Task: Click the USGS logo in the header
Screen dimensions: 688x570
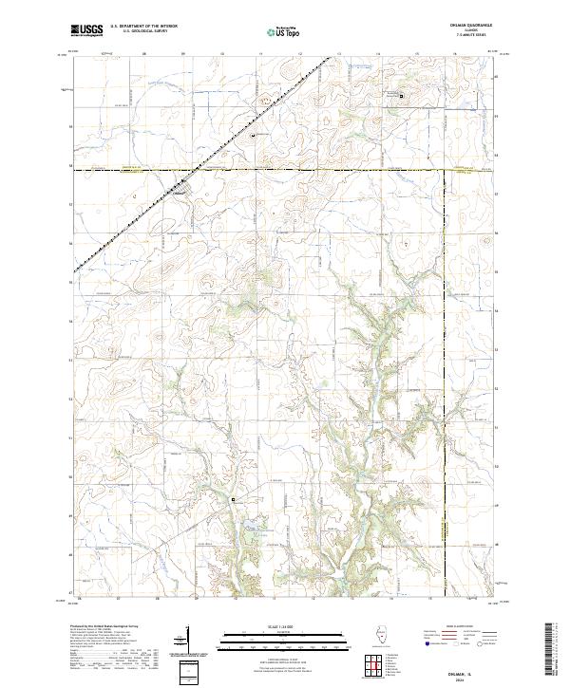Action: (x=88, y=31)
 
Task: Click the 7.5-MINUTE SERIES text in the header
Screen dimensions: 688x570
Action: (x=465, y=38)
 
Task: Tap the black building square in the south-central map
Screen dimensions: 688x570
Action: (x=233, y=498)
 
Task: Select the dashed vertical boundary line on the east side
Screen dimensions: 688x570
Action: (x=446, y=380)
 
